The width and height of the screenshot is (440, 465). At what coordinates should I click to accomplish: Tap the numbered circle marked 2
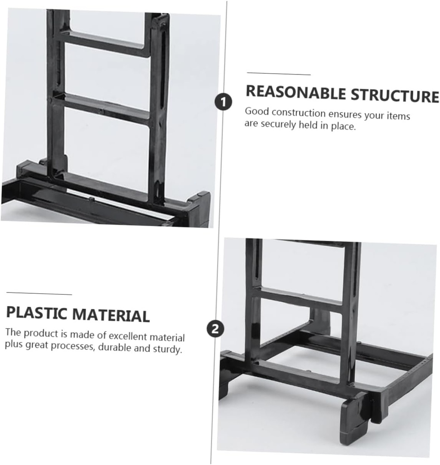coord(215,329)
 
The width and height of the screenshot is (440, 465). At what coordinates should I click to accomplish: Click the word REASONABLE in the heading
coord(295,93)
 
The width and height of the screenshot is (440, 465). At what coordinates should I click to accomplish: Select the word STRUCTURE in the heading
coord(395,95)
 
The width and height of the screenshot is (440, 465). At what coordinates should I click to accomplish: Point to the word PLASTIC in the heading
coord(37,313)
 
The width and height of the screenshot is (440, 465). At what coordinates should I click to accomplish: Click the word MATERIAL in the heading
coord(111,315)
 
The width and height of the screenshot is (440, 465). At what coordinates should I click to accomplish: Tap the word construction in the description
coord(299,113)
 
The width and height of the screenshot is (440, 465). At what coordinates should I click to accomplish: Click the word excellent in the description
coord(128,336)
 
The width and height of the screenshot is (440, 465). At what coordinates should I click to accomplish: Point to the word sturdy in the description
coord(168,349)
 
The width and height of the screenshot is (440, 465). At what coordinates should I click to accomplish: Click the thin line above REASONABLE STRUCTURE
coord(279,74)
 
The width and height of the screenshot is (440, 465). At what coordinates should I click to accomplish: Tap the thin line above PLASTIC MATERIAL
coord(39,294)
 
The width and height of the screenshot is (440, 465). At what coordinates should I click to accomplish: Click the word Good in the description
coord(257,112)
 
